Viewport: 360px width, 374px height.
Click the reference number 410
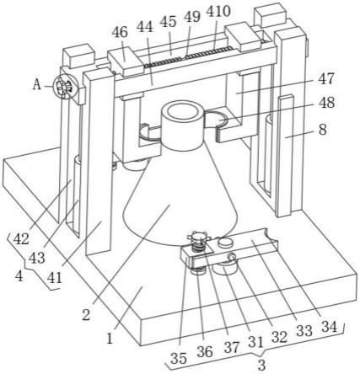pyautogui.click(x=218, y=12)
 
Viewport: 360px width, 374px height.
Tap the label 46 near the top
pyautogui.click(x=120, y=33)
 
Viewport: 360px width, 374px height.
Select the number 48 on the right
pyautogui.click(x=326, y=103)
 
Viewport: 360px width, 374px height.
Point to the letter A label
pyautogui.click(x=37, y=84)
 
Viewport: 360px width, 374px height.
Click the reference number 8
pyautogui.click(x=323, y=130)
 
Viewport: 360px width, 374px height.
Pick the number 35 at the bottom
pyautogui.click(x=179, y=358)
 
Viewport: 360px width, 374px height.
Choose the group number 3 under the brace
pyautogui.click(x=261, y=366)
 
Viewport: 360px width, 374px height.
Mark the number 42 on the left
pyautogui.click(x=21, y=239)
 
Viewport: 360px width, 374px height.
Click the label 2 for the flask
pyautogui.click(x=86, y=315)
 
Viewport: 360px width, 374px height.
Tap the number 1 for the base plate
pyautogui.click(x=110, y=338)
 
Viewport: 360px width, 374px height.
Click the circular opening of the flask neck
pyautogui.click(x=180, y=113)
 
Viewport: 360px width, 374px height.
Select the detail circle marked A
pyautogui.click(x=64, y=87)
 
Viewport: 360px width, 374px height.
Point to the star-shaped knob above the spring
pyautogui.click(x=199, y=238)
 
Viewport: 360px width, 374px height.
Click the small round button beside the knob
pyautogui.click(x=226, y=242)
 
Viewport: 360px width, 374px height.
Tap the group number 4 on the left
pyautogui.click(x=19, y=276)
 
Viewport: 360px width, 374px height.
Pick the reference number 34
pyautogui.click(x=330, y=327)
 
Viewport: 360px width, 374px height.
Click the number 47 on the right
pyautogui.click(x=326, y=79)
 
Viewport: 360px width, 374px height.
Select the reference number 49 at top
pyautogui.click(x=192, y=17)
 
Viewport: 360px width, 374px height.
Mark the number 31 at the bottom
pyautogui.click(x=255, y=342)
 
